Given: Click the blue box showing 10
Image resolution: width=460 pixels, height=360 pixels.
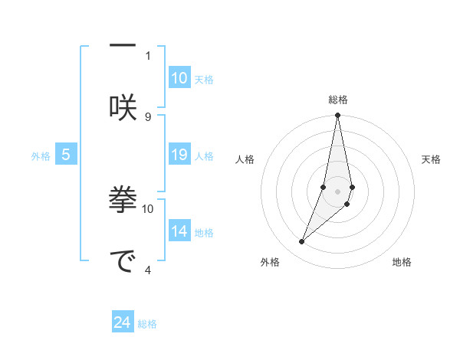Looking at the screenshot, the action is [179, 78].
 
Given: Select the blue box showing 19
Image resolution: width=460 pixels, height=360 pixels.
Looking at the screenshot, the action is [179, 155].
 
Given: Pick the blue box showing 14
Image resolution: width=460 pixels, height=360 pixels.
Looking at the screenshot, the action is [179, 232].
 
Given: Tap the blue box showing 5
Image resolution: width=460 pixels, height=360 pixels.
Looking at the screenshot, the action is [66, 155].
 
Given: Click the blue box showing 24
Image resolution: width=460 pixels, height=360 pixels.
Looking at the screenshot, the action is [123, 323].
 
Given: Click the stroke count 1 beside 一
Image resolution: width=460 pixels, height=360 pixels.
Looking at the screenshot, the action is [148, 55].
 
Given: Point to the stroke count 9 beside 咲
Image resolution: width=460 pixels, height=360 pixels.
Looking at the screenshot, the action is [148, 116].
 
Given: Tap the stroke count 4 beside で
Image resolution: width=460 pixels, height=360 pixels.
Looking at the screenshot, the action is [148, 269].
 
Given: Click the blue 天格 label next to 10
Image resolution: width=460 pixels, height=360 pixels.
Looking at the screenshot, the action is [204, 79].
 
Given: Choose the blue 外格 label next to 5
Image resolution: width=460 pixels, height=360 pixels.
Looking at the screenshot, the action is [41, 156].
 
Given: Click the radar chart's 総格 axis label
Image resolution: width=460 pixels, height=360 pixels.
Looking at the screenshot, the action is [338, 100].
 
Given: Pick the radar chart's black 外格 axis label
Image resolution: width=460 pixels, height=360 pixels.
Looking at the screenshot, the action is [270, 263].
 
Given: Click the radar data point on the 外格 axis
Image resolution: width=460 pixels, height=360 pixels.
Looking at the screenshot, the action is [302, 242].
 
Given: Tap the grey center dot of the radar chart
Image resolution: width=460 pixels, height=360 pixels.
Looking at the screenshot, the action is [338, 191].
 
